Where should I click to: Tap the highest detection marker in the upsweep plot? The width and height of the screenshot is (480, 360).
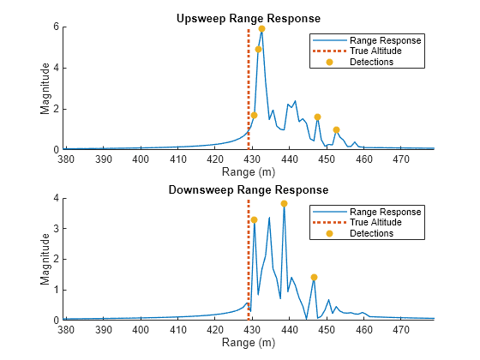[x=261, y=29]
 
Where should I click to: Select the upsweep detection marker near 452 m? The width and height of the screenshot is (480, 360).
[x=336, y=130]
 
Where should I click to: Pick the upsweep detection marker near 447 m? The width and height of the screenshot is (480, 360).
[x=317, y=117]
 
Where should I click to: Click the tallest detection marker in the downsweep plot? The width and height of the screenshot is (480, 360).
[x=284, y=204]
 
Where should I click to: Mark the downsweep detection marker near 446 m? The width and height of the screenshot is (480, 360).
[x=314, y=277]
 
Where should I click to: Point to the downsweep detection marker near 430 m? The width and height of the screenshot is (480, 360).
[x=254, y=220]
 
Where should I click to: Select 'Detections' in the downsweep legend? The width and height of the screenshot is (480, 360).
[x=371, y=233]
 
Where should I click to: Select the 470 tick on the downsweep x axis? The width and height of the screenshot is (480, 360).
[x=400, y=329]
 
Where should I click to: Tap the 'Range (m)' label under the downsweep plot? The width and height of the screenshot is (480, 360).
[x=250, y=342]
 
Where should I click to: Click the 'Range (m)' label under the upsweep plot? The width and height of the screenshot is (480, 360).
[x=250, y=171]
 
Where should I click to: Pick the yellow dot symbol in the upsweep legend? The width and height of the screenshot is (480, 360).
[x=329, y=63]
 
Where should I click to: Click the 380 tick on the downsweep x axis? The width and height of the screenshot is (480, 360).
[x=66, y=329]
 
